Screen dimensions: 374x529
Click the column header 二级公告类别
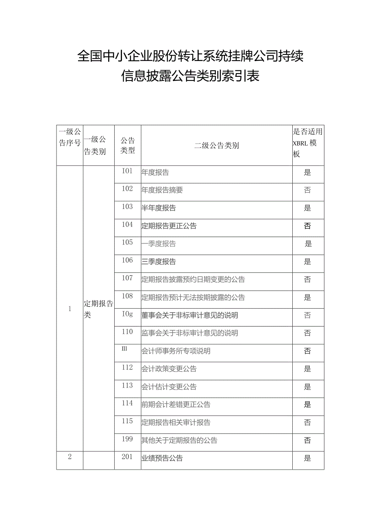tap(216, 146)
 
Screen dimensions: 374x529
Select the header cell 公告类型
tap(127, 145)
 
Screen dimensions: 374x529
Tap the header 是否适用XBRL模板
tap(308, 143)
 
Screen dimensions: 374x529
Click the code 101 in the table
tap(127, 171)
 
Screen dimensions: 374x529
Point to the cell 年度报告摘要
tap(162, 190)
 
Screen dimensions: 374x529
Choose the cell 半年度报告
tap(159, 208)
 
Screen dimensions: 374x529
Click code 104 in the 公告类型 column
tap(127, 224)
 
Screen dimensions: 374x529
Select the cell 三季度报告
tap(159, 261)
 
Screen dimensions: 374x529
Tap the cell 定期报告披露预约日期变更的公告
tap(193, 279)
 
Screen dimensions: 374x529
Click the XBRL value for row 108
tap(307, 297)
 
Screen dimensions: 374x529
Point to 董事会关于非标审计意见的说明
tap(189, 315)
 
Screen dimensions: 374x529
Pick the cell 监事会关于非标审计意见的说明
tap(189, 333)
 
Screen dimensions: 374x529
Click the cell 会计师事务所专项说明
tap(176, 351)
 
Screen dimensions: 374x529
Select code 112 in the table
tap(127, 368)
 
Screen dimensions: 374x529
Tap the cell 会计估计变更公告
tap(169, 387)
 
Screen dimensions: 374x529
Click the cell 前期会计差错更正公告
tap(176, 405)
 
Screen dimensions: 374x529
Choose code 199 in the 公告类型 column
tap(127, 439)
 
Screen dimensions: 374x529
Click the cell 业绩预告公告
tap(162, 458)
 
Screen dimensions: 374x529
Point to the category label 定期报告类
tap(98, 309)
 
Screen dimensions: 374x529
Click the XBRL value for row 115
tap(307, 422)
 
